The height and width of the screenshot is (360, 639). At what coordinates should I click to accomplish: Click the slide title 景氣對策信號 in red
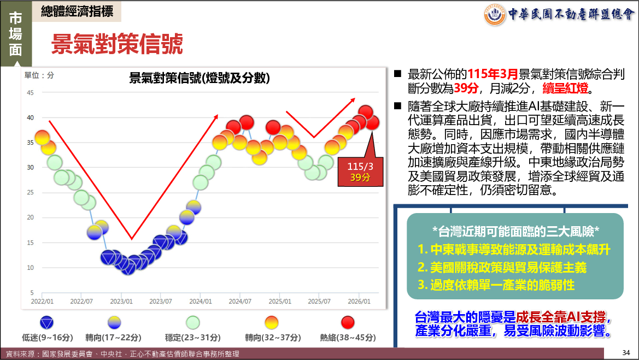[x=117, y=44]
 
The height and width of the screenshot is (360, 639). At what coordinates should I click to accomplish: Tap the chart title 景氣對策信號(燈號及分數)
[x=200, y=78]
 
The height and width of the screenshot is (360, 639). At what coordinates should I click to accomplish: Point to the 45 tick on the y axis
[x=30, y=92]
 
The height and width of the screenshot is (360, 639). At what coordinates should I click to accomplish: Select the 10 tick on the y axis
[x=30, y=268]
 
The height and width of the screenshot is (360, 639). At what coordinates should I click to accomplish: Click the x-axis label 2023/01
[x=121, y=302]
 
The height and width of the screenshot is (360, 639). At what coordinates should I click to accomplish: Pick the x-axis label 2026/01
[x=359, y=302]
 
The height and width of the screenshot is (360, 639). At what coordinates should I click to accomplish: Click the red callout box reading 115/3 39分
[x=361, y=172]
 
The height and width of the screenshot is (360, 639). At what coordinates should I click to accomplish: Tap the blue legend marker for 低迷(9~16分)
[x=47, y=322]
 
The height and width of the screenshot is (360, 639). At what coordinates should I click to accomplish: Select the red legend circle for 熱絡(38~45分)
[x=348, y=322]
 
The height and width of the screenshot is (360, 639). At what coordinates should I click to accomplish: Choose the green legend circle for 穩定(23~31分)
[x=193, y=322]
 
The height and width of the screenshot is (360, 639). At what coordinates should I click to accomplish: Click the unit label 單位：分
[x=39, y=75]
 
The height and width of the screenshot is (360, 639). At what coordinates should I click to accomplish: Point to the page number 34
[x=626, y=352]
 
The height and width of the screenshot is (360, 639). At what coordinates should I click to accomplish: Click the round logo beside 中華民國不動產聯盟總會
[x=495, y=15]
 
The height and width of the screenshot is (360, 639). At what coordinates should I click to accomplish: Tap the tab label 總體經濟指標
[x=77, y=11]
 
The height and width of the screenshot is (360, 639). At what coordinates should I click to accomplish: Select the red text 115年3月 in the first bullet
[x=493, y=74]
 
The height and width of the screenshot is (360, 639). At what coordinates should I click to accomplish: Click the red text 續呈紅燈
[x=565, y=88]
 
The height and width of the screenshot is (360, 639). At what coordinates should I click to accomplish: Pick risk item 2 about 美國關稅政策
[x=502, y=268]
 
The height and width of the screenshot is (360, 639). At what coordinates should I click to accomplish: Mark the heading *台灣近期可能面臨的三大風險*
[x=515, y=232]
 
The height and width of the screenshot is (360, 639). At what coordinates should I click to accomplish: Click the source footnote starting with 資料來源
[x=122, y=354]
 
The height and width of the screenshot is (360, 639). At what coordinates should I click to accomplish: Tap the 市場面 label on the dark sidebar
[x=15, y=34]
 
